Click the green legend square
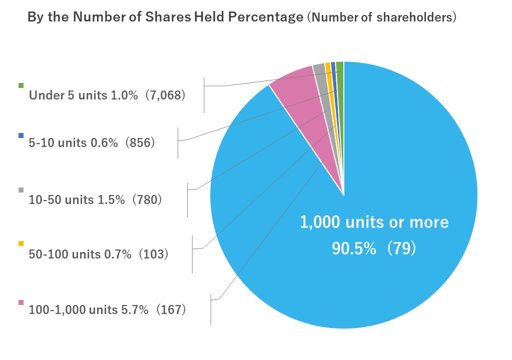point(21,85)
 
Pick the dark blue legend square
point(21,135)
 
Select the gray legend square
point(21,190)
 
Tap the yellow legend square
point(21,243)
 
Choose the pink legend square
point(21,302)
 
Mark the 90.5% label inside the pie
point(354,248)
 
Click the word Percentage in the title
point(266,17)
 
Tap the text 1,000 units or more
point(374,222)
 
